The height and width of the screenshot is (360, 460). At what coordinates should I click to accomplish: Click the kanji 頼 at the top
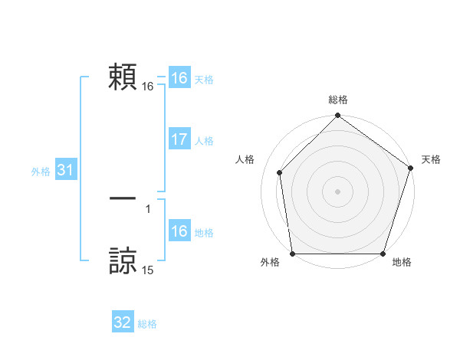[123, 77]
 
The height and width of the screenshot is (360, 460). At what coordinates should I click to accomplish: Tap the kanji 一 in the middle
[123, 198]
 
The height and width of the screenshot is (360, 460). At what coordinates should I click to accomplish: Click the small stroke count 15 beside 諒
[148, 270]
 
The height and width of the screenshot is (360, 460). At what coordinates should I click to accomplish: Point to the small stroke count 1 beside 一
[148, 208]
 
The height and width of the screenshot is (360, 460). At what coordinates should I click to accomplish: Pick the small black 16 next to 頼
[148, 87]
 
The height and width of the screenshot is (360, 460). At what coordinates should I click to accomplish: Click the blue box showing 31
[64, 170]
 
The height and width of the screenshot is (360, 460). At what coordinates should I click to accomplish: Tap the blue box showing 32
[123, 322]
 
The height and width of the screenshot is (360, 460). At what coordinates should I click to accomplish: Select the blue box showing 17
[179, 139]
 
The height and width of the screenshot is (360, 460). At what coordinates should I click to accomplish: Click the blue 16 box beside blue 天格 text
[179, 78]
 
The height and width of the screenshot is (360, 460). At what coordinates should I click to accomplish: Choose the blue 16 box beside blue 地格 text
[179, 231]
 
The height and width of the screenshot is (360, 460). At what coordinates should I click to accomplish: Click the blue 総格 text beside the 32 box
[147, 324]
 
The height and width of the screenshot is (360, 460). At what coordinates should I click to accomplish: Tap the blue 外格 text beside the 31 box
[41, 172]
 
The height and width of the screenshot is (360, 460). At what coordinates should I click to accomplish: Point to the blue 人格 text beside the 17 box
[204, 141]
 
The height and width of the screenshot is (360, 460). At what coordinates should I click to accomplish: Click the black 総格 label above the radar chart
[338, 100]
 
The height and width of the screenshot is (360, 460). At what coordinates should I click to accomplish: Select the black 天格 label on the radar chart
[432, 159]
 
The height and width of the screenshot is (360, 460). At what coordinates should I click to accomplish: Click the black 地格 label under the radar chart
[402, 262]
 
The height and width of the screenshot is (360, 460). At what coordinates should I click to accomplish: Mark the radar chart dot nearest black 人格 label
[280, 172]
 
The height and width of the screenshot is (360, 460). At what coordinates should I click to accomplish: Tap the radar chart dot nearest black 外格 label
[293, 254]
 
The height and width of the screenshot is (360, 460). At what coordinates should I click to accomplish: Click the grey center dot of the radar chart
[338, 191]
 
